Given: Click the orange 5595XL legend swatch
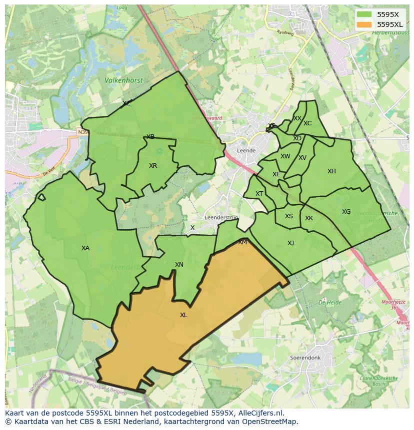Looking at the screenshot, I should [x=364, y=24].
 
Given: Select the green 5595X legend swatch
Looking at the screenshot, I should [x=364, y=14].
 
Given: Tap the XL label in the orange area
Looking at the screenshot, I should [x=183, y=315].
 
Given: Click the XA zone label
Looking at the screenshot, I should [x=85, y=248].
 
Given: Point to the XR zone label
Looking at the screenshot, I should [x=153, y=166].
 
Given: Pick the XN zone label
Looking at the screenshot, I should [x=179, y=265].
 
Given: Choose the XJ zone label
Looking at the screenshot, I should [x=290, y=243].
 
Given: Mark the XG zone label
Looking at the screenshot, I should [x=346, y=212].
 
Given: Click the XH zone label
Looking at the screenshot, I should [x=331, y=171].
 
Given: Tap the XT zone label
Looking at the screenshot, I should [x=259, y=194].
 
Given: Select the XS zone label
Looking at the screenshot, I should [x=289, y=216].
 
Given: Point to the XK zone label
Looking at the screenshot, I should [x=309, y=218].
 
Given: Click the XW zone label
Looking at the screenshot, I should [x=285, y=156].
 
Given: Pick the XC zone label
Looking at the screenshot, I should [x=307, y=123].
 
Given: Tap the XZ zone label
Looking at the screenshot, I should [x=126, y=103].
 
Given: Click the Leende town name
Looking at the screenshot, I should [x=246, y=150].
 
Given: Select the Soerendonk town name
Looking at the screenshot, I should [x=305, y=358].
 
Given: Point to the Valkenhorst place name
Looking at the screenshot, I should [x=123, y=80].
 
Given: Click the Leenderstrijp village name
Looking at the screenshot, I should [x=221, y=218].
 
